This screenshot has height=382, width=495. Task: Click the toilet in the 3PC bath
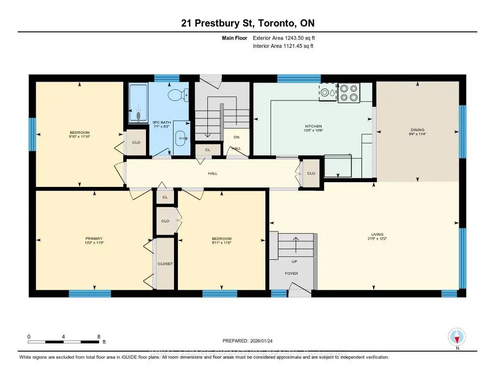point(177,95)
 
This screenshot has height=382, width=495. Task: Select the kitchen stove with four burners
point(349,93)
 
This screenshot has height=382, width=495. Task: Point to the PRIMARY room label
point(94,238)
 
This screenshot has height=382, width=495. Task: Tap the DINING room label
point(417,129)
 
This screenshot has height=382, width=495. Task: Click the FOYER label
point(291,273)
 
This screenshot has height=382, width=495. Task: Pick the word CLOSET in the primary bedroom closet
point(165,264)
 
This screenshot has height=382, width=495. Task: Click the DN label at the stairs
point(236,137)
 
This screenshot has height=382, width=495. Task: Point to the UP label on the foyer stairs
point(294,261)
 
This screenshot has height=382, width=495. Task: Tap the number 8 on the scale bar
point(99,336)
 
